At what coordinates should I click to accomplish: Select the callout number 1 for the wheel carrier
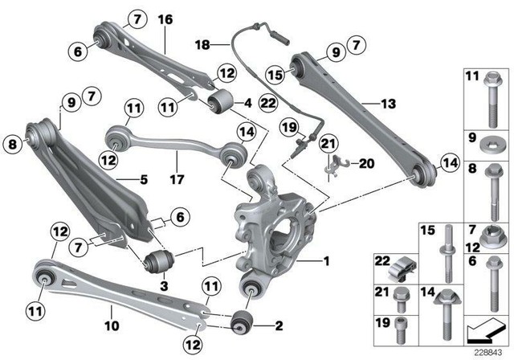[325, 261]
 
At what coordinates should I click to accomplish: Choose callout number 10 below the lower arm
[111, 327]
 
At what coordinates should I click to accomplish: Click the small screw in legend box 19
[399, 328]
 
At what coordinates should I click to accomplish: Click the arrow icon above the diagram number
[483, 328]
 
